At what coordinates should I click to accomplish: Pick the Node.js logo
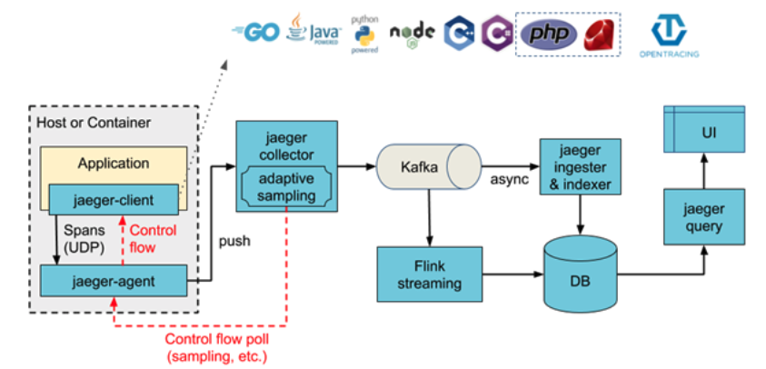[410, 33]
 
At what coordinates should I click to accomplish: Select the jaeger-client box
[114, 199]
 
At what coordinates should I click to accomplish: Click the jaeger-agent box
[114, 281]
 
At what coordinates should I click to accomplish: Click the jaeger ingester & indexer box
[581, 166]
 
